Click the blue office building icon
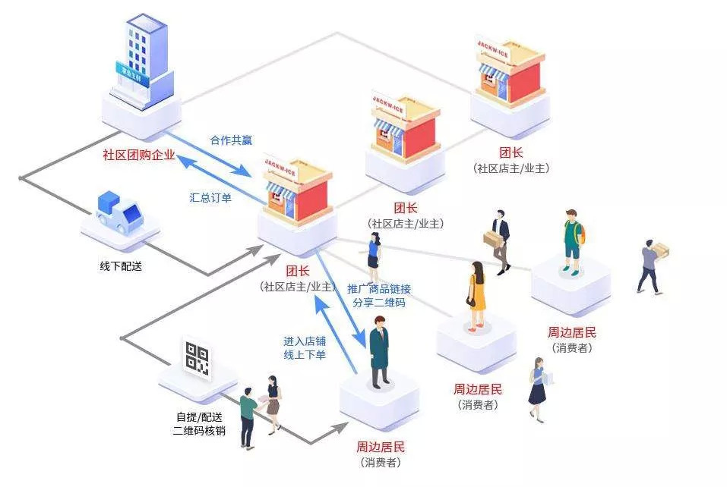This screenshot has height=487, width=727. pos(141,65)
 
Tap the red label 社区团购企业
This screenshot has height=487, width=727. pos(139,156)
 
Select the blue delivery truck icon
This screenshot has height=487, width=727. pos(120,212)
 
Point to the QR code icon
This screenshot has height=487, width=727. pos(197,359)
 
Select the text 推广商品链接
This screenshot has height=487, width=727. pos(379,289)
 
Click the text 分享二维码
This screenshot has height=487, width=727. pos(379,303)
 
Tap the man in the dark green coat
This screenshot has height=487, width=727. pos(380,351)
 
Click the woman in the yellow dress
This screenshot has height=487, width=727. pos(476,296)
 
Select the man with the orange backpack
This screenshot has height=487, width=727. pos(573,239)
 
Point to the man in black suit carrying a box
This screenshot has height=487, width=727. pos(499,240)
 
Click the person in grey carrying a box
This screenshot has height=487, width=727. pos(650,265)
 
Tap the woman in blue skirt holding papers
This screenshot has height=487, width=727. pos(539,389)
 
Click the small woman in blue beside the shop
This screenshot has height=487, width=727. pos(374,256)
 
